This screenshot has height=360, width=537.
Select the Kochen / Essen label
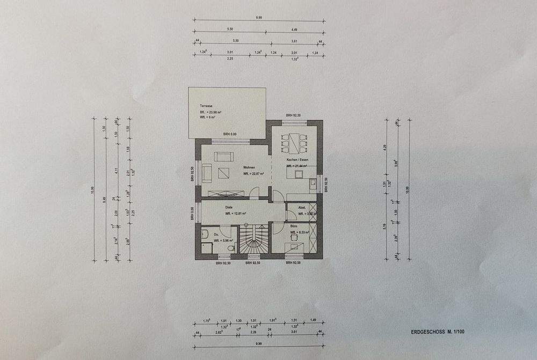point(297,160)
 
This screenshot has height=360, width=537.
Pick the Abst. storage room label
point(303,207)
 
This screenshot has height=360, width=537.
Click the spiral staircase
point(253,242)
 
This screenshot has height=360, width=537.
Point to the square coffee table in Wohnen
point(223,173)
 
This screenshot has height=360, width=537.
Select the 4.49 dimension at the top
point(294,29)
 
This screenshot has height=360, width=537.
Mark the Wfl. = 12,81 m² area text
point(235,213)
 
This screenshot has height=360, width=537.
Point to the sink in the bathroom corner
point(205,234)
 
